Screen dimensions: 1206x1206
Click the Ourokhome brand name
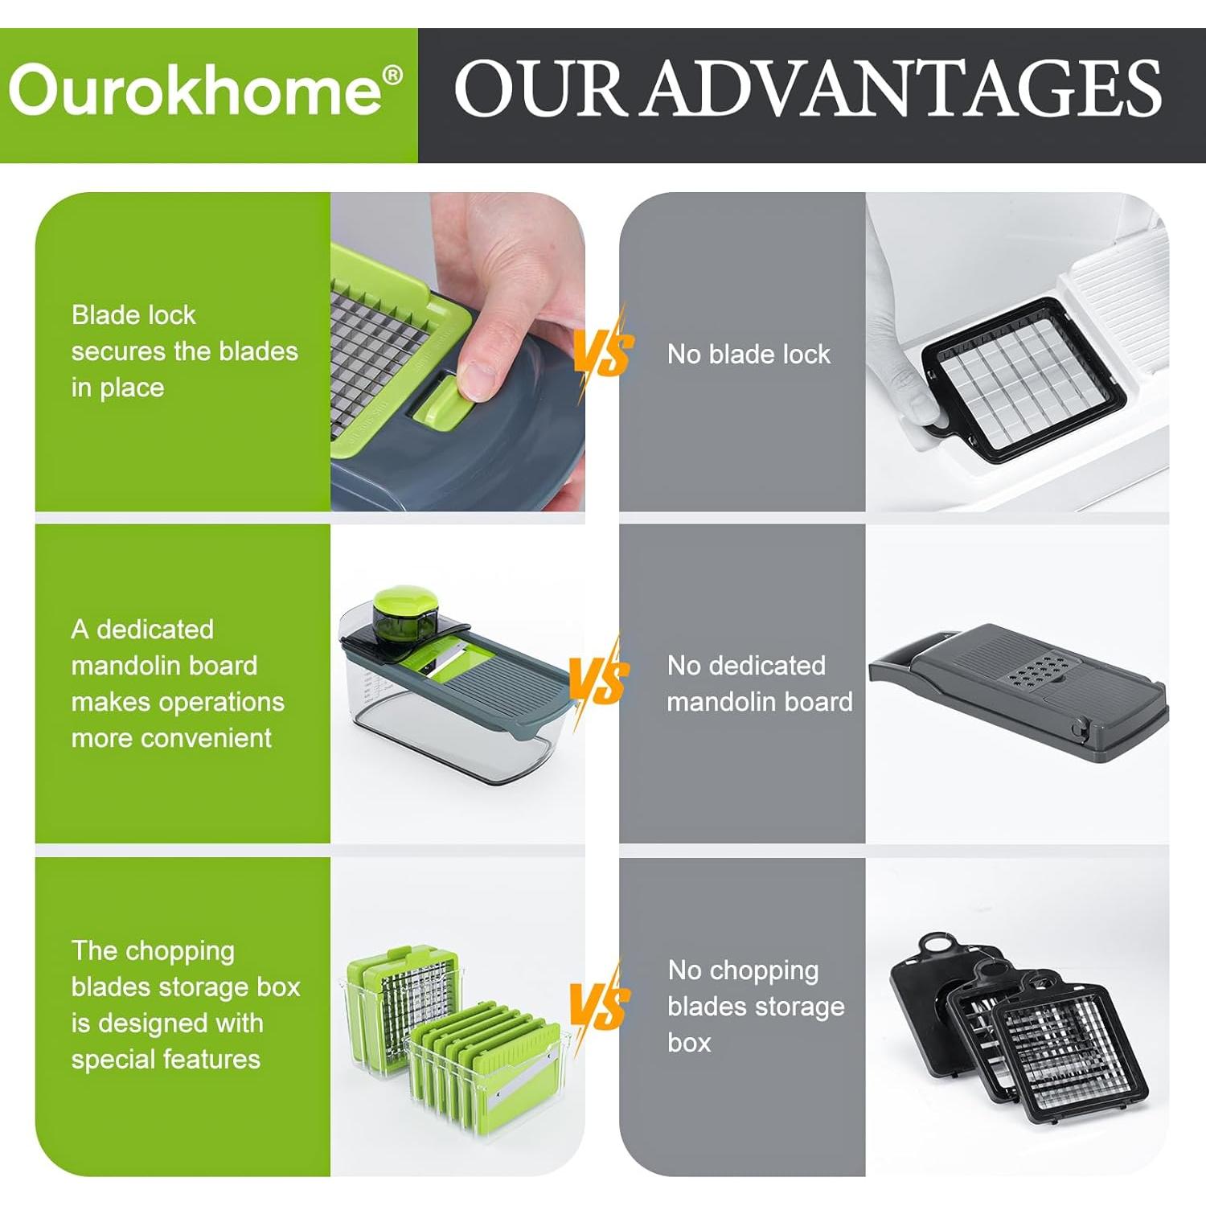point(195,90)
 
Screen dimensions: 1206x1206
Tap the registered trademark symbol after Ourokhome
point(392,75)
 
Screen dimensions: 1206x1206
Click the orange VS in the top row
point(604,351)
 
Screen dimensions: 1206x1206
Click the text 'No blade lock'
point(749,355)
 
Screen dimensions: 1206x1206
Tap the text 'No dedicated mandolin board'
point(758,683)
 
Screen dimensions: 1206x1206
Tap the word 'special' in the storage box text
point(112,1060)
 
